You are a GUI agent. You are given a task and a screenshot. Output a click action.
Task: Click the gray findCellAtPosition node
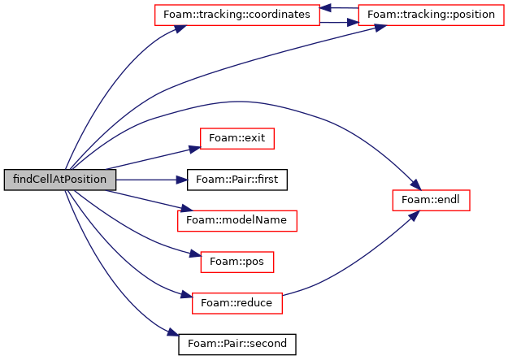[x=59, y=180]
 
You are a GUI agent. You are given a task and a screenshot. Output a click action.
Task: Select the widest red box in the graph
[x=237, y=15]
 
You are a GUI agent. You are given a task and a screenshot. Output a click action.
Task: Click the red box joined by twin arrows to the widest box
[x=431, y=15]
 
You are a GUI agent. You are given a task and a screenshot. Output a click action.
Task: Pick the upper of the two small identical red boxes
[x=237, y=139]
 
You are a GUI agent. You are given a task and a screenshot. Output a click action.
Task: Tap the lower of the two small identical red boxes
[x=237, y=262]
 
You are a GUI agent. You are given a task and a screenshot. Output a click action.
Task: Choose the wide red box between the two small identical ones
[x=237, y=221]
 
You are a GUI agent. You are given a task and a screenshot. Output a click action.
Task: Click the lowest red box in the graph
[x=237, y=304]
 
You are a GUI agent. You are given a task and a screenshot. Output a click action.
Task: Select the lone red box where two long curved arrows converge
[x=431, y=201]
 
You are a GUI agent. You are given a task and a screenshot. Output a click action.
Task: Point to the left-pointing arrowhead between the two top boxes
[x=325, y=8]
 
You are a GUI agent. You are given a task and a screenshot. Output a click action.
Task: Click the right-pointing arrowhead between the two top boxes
[x=352, y=23]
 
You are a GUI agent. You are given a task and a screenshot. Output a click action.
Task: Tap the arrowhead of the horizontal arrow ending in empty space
[x=183, y=180]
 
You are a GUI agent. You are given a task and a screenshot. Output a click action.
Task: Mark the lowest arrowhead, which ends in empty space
[x=173, y=332]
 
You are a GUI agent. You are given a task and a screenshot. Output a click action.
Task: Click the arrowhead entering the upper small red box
[x=194, y=149]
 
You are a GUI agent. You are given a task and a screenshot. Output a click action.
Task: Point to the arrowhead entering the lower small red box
[x=195, y=254]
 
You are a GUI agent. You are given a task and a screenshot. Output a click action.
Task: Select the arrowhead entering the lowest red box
[x=186, y=294]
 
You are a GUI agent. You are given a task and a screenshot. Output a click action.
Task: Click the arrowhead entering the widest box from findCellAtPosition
[x=180, y=29]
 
